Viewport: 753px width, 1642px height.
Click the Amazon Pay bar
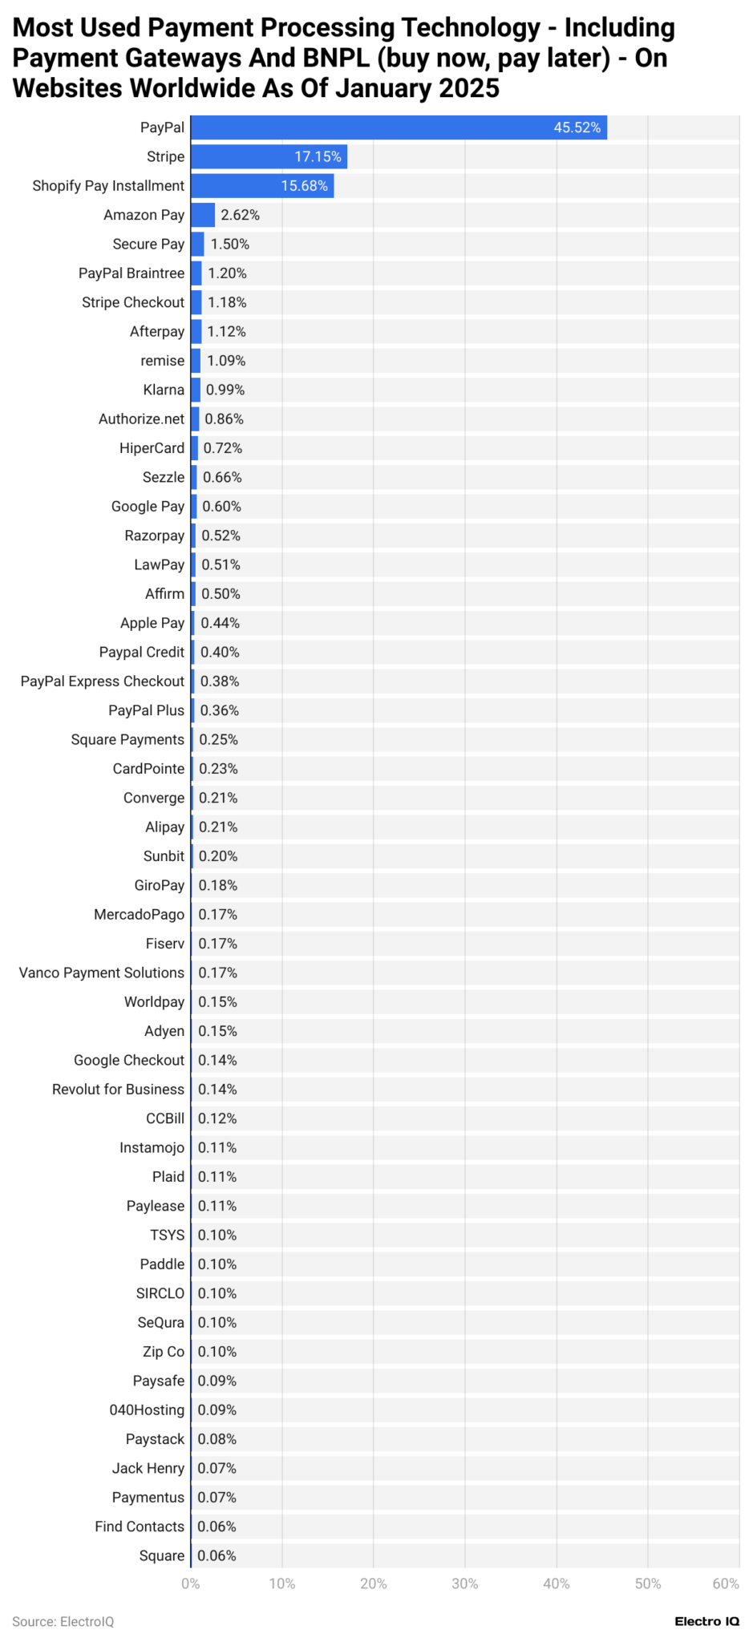pos(202,215)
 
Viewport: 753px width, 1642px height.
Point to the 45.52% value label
pos(577,127)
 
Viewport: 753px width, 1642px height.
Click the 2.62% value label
pos(240,215)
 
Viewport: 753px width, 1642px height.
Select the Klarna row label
pos(164,390)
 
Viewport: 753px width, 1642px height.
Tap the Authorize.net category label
pos(141,419)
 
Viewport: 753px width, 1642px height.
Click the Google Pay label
pos(148,506)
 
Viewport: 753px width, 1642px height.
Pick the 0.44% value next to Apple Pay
pos(220,623)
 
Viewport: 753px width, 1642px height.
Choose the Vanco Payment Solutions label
pos(102,973)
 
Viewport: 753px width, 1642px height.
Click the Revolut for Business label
pos(118,1089)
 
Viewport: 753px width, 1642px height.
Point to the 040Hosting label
pos(147,1409)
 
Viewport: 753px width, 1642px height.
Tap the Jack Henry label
pos(148,1468)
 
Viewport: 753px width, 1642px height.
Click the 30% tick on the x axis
pos(465,1583)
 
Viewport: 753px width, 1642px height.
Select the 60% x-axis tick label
pos(726,1583)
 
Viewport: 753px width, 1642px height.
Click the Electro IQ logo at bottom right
pos(706,1621)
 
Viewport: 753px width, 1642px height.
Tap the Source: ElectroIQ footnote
pos(63,1621)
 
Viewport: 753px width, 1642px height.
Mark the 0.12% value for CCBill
pos(217,1118)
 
